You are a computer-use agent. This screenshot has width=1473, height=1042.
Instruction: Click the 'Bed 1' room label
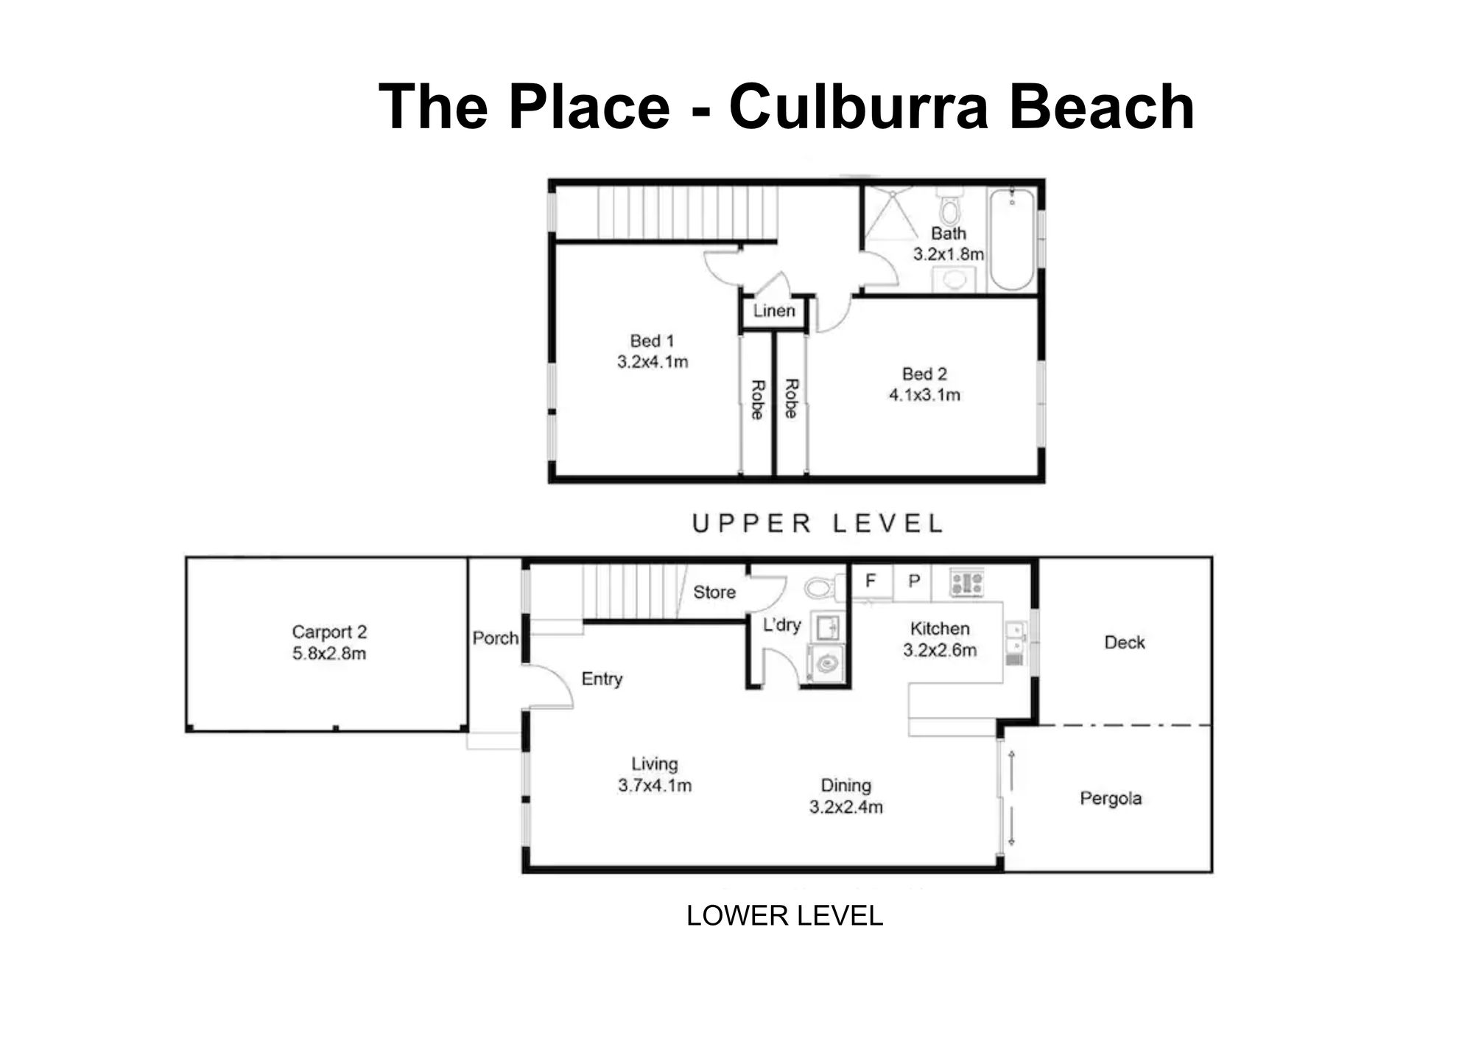point(652,341)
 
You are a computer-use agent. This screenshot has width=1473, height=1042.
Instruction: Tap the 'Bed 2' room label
point(924,374)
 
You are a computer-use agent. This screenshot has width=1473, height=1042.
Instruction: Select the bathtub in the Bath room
point(1012,239)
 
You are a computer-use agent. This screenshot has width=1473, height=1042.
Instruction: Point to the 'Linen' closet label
point(774,311)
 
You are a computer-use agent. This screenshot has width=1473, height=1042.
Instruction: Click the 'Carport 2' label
point(329,632)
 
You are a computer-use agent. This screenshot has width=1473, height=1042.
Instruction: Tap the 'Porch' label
point(496,638)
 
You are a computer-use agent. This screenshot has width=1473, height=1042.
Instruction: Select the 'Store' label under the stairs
point(714,592)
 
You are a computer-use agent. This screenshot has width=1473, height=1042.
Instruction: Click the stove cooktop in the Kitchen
point(966,583)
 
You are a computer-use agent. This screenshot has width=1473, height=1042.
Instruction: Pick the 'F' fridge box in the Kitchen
point(871,581)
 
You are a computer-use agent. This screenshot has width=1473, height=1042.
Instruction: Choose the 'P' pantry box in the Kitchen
point(913,581)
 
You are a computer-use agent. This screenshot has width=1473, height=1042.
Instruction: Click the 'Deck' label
point(1125,643)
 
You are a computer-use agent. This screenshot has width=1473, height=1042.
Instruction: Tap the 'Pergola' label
point(1111,799)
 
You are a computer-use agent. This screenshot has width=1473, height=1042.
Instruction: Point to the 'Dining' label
point(846,786)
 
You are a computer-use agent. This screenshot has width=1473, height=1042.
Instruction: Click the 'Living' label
point(655,764)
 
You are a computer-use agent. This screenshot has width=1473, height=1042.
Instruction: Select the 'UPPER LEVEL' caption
point(818,524)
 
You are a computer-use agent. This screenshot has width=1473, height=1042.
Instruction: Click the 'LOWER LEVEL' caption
point(785,916)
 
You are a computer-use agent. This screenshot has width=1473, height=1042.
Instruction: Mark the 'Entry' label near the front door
point(602,679)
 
